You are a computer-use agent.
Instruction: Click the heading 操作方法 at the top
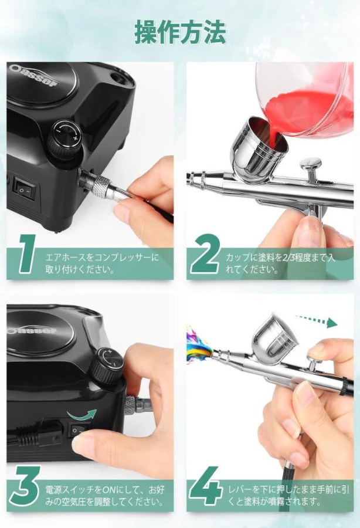coord(180,33)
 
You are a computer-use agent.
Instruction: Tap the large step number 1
coord(27,253)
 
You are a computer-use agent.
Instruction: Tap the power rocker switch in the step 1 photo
coord(24,190)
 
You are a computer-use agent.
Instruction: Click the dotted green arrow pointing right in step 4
coord(316,320)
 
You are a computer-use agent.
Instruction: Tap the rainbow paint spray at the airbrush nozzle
coord(199,344)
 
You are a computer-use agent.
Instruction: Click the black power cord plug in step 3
coord(37,433)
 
